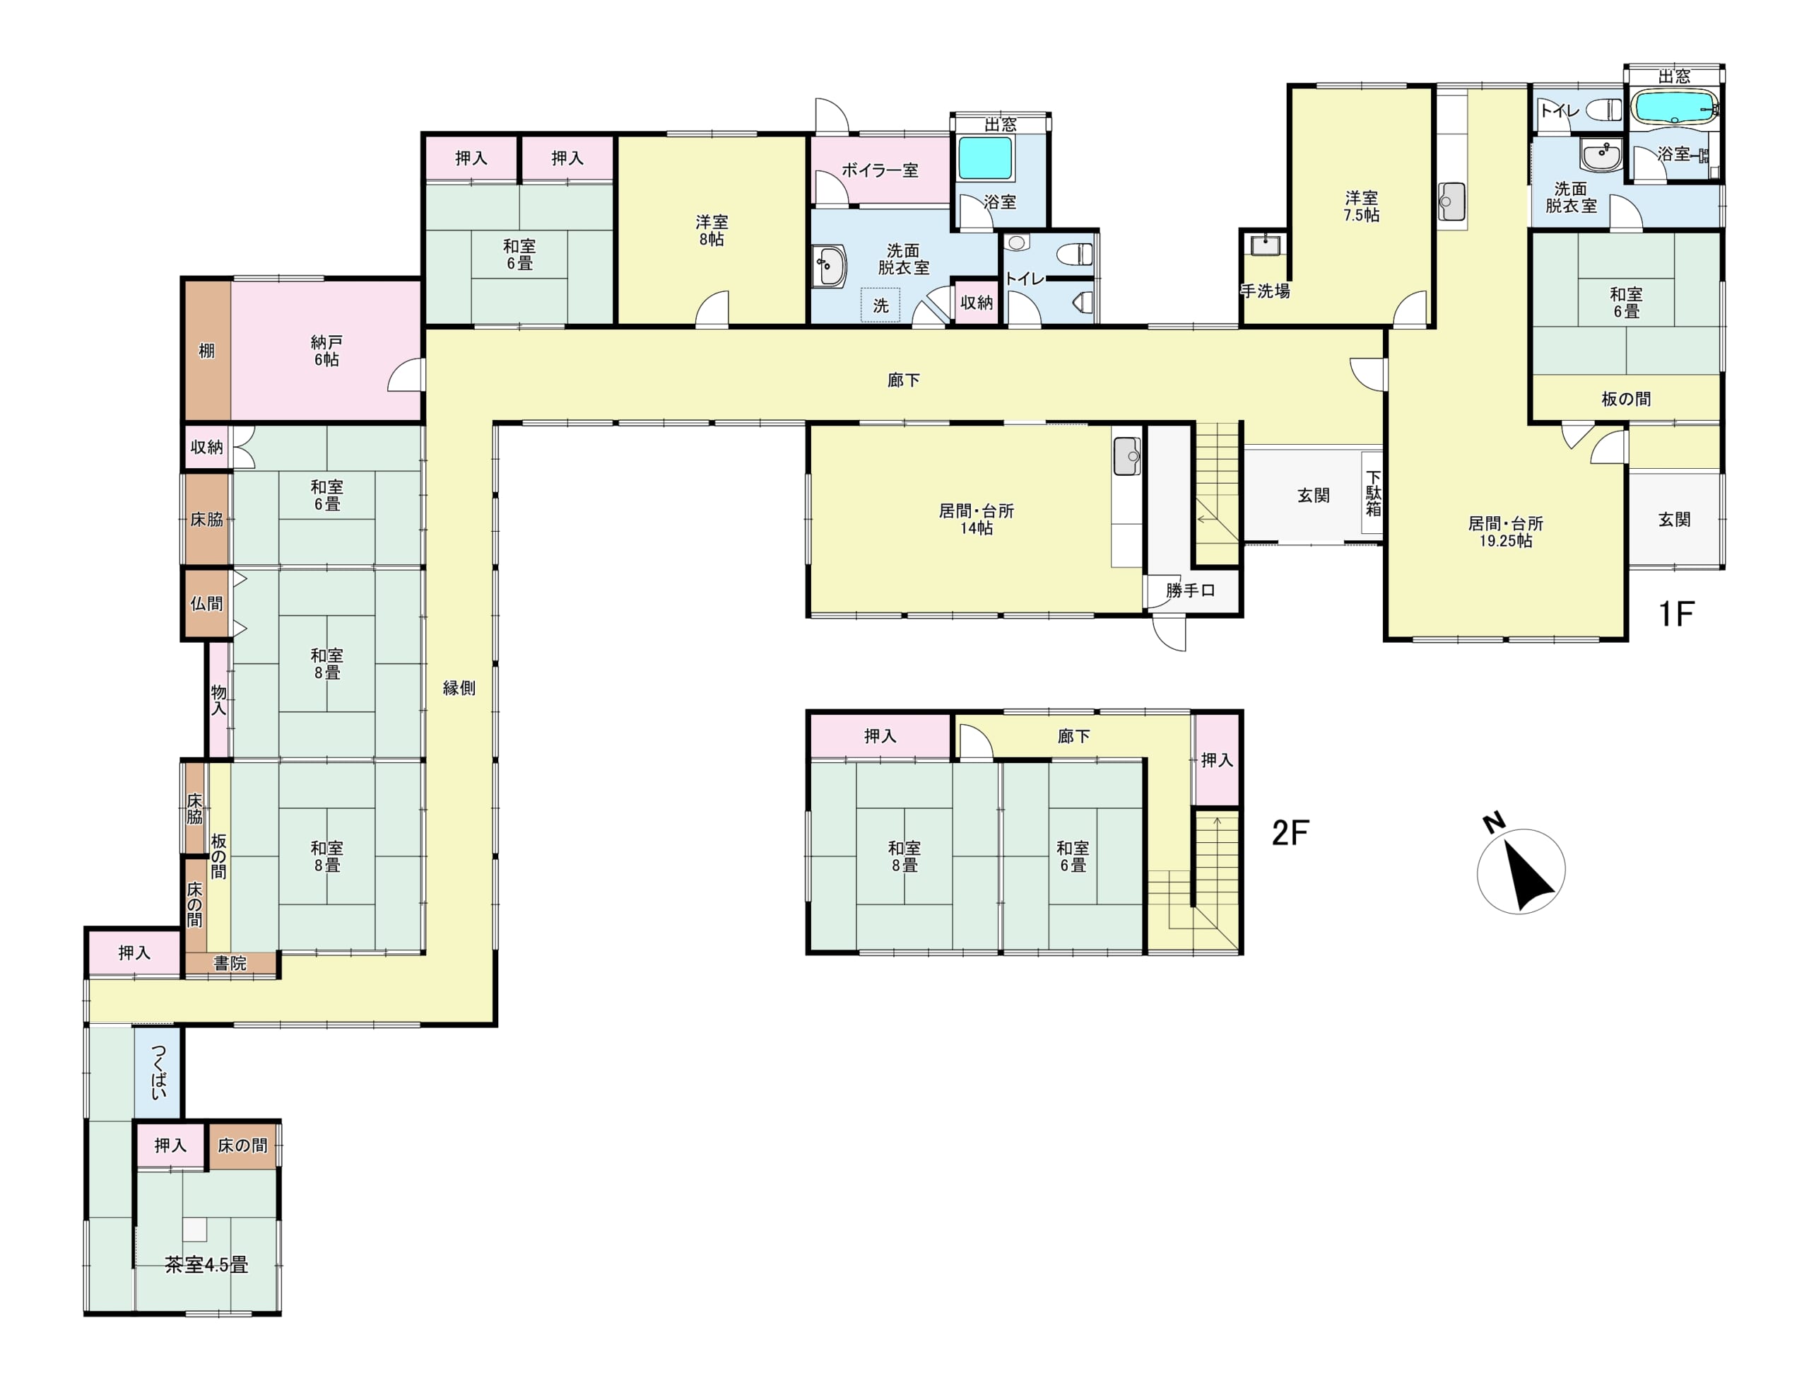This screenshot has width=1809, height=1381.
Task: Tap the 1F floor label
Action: tap(1676, 614)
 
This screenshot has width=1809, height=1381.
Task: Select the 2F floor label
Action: tap(1290, 834)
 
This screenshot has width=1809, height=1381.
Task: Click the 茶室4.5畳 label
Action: tap(206, 1265)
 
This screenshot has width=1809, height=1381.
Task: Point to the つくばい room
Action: tap(158, 1072)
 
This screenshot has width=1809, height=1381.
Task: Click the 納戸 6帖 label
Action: tap(326, 351)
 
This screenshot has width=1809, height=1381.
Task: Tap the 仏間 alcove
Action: tap(206, 603)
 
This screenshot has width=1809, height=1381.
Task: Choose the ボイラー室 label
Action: tap(879, 170)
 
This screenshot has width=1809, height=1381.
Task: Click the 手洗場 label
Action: tap(1265, 291)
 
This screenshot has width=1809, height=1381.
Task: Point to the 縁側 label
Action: tap(459, 688)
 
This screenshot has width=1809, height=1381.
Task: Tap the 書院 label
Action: tap(230, 963)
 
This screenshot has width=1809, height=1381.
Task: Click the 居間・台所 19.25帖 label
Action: tap(1506, 532)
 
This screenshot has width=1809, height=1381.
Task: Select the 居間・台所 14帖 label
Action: tap(977, 520)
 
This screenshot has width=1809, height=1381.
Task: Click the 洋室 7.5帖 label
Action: tap(1361, 206)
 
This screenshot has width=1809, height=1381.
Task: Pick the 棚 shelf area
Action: tap(206, 351)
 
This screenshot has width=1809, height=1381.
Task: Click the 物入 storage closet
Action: tap(218, 699)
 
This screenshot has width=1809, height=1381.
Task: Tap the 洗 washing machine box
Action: tap(880, 305)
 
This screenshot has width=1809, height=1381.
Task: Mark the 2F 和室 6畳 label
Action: tap(1073, 856)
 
